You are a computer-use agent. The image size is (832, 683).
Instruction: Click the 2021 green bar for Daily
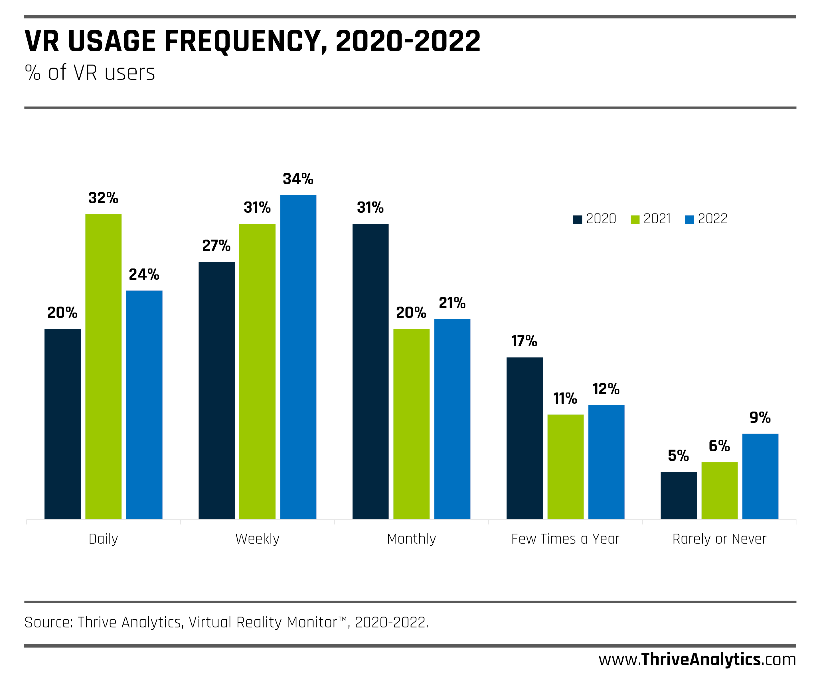coord(103,366)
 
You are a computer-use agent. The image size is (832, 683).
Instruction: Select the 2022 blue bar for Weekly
coord(298,356)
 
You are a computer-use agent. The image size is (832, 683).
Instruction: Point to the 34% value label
coord(298,179)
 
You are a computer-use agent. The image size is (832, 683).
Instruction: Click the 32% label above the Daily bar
coord(103,198)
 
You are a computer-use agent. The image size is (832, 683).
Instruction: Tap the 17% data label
coord(524,341)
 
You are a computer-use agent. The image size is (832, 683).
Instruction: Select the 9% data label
coord(760,417)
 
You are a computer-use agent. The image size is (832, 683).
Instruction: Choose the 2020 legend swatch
coord(577,219)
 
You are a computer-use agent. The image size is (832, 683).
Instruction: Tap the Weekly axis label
coord(257,538)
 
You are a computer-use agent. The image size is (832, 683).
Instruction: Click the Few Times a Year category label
coord(565,538)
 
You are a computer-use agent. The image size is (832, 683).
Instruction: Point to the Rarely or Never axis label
coord(719,538)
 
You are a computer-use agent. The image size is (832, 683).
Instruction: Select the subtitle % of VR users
coord(90,73)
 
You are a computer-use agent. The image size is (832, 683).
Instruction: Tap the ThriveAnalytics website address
coord(697,659)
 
